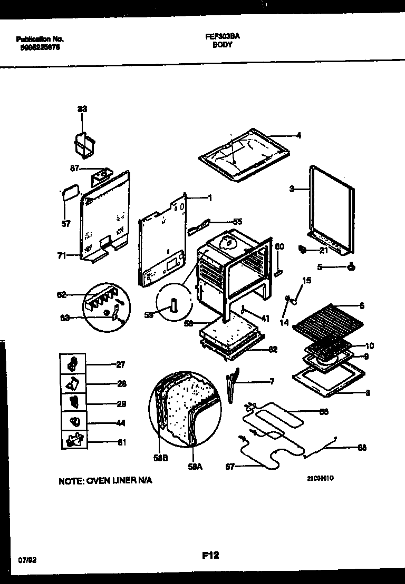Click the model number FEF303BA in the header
click(221, 38)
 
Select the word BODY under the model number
click(221, 45)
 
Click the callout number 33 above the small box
click(82, 109)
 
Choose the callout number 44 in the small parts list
click(122, 423)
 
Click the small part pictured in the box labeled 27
click(73, 363)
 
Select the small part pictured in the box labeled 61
click(73, 438)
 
